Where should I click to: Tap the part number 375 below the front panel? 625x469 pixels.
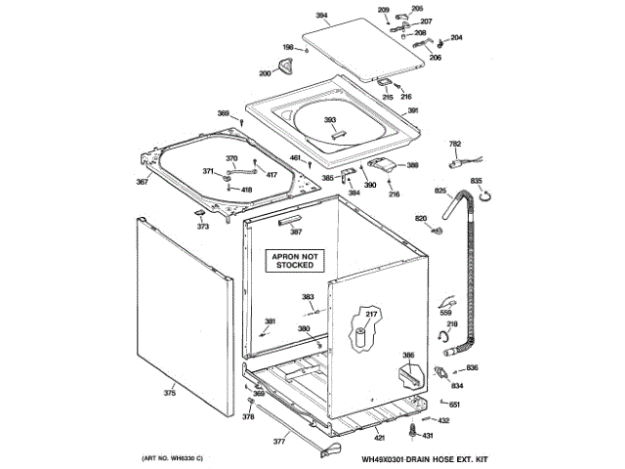[169, 394]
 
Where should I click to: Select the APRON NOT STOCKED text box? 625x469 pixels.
[293, 260]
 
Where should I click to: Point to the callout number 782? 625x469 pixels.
[454, 145]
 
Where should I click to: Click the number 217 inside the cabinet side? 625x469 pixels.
[371, 314]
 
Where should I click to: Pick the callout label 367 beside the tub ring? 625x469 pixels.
[142, 183]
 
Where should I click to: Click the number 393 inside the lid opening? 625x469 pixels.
[330, 120]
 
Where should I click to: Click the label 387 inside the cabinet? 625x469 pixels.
[296, 233]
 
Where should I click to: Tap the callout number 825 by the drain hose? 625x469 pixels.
[439, 191]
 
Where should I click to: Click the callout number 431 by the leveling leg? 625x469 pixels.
[427, 435]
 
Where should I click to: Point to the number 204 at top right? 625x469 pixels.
[456, 38]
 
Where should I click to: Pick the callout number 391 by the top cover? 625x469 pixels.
[413, 111]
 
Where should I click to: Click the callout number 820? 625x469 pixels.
[422, 218]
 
